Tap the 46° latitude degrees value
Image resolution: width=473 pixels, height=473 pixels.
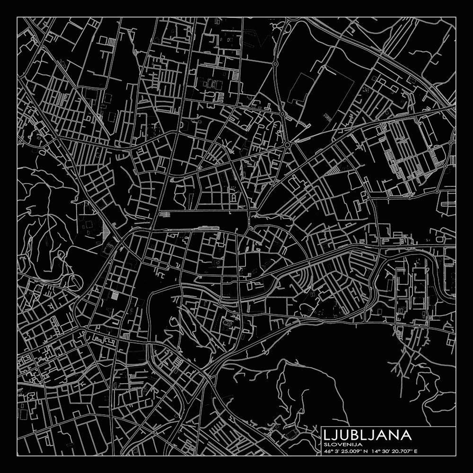(x=328, y=451)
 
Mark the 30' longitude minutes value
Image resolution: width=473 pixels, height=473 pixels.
(x=385, y=451)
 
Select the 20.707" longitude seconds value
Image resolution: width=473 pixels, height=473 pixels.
(x=401, y=451)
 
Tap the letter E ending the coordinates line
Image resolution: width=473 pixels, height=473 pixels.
(x=415, y=451)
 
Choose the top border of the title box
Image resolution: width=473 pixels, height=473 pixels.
(x=388, y=427)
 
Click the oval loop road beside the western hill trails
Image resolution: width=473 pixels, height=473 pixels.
(x=75, y=283)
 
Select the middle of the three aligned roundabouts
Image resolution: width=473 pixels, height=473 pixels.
(x=282, y=114)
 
